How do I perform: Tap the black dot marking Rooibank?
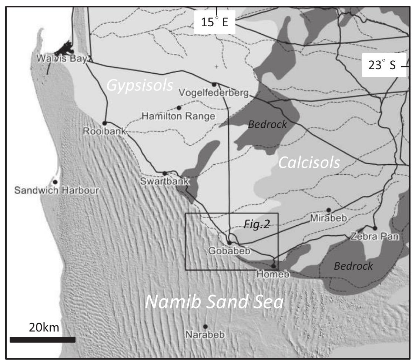pos(104,123)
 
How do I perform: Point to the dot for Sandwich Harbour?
pos(55,182)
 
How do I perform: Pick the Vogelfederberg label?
pos(213,92)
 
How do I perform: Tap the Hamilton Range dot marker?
pos(179,108)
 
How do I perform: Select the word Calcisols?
pos(309,163)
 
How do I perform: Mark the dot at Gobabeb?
pos(229,243)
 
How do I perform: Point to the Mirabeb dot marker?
pos(329,210)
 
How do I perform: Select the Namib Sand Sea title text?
pos(215,302)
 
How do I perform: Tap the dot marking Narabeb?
pos(205,326)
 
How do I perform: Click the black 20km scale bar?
pos(43,339)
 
